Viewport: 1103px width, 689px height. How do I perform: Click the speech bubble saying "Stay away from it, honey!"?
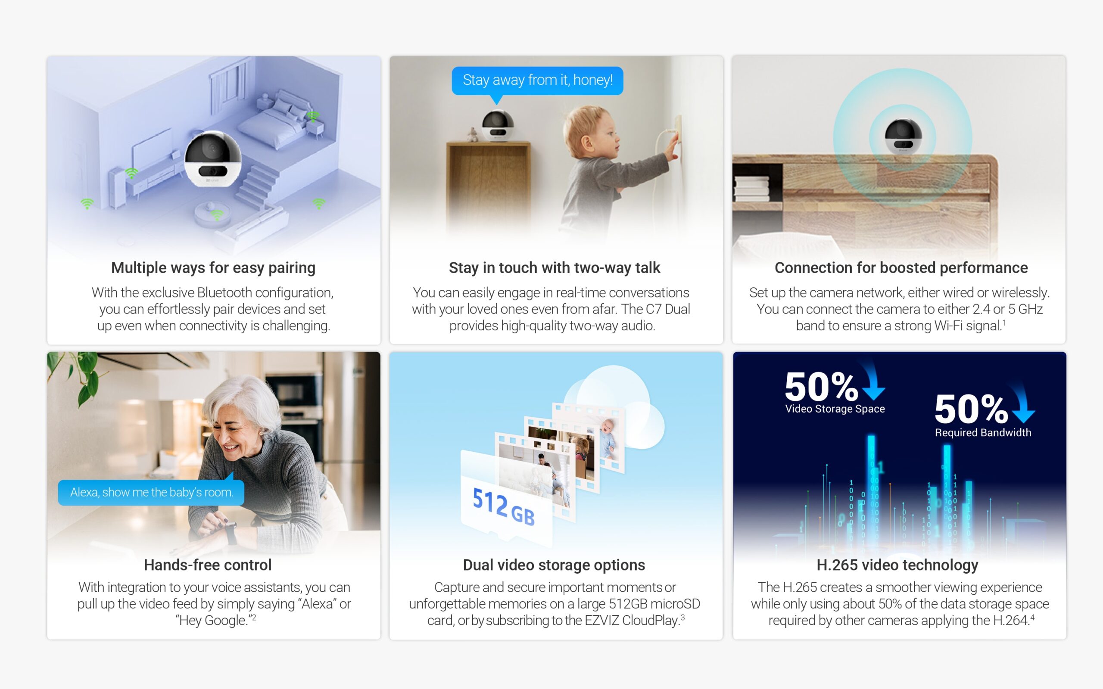(537, 81)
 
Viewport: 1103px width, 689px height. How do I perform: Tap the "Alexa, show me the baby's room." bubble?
(151, 492)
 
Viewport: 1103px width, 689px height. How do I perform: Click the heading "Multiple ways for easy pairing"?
(213, 268)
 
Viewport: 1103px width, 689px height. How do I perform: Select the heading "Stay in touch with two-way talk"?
(554, 268)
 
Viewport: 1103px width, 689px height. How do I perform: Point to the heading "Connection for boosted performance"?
(901, 268)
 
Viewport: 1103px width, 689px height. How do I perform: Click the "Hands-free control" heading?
(208, 565)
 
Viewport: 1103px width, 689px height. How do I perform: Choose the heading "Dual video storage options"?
(554, 565)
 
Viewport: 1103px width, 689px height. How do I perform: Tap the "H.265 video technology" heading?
(897, 565)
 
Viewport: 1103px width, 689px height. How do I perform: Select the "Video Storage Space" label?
(835, 409)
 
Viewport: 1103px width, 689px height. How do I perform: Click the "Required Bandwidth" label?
(983, 432)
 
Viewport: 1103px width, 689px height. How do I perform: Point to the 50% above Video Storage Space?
(821, 386)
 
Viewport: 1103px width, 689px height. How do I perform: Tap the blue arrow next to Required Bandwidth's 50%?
(1023, 404)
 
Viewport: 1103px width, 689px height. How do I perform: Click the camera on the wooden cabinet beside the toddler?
(498, 125)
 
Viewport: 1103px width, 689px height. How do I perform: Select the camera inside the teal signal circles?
(903, 136)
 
